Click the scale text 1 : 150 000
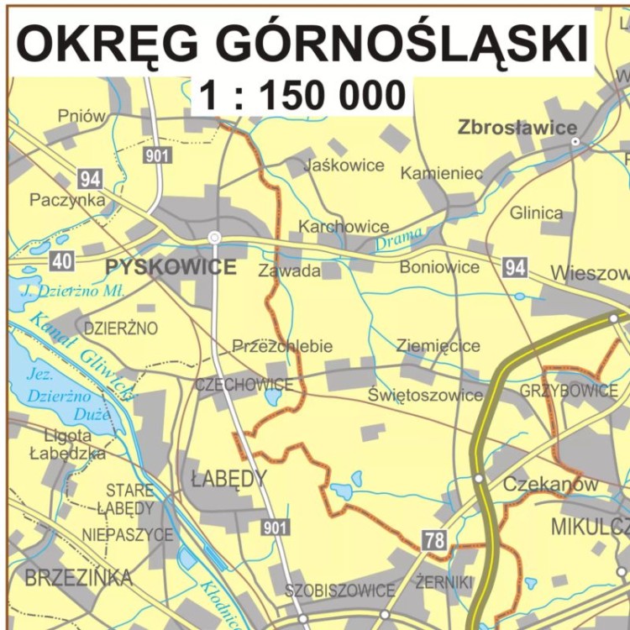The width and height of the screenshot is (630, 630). pyautogui.click(x=302, y=96)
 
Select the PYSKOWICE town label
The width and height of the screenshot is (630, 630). pyautogui.click(x=171, y=268)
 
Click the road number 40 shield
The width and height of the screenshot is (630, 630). pyautogui.click(x=61, y=260)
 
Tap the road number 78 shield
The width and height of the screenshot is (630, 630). pyautogui.click(x=434, y=540)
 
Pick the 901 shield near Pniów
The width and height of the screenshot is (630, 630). pyautogui.click(x=157, y=155)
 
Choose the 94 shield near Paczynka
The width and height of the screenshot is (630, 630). pyautogui.click(x=90, y=178)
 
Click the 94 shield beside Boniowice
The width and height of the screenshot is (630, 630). pyautogui.click(x=516, y=268)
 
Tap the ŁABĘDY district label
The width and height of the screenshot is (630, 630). pyautogui.click(x=228, y=480)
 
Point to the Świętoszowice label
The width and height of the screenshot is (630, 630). pyautogui.click(x=425, y=394)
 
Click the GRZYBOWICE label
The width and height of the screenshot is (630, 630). pyautogui.click(x=569, y=391)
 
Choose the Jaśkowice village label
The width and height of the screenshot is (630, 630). pyautogui.click(x=344, y=165)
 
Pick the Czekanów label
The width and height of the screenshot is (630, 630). pyautogui.click(x=550, y=485)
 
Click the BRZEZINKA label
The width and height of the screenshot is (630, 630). pyautogui.click(x=78, y=578)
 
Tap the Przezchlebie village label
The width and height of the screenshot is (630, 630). pyautogui.click(x=282, y=346)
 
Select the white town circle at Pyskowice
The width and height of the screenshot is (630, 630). pyautogui.click(x=214, y=238)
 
